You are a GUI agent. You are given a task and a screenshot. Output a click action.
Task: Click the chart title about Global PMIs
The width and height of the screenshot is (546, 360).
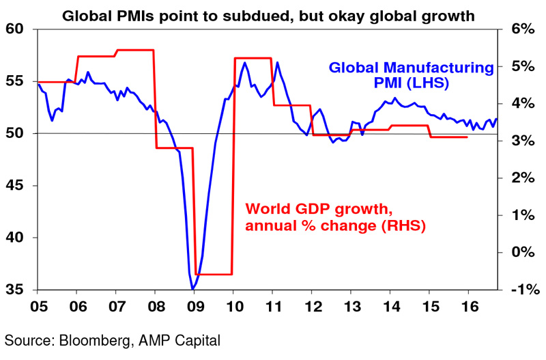point(268,16)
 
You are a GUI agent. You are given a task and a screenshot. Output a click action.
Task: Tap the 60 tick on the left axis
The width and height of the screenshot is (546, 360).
point(14,29)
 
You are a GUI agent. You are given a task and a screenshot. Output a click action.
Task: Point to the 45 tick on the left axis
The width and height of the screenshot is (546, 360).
point(14,185)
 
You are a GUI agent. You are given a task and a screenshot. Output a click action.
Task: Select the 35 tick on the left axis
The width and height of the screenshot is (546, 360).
point(14,290)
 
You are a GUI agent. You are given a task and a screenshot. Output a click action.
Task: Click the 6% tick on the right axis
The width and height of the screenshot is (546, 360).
point(523,29)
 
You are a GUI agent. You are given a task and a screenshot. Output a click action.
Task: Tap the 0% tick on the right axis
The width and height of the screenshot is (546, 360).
point(523,252)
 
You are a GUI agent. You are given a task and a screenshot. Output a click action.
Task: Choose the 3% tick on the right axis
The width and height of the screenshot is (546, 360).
point(523,141)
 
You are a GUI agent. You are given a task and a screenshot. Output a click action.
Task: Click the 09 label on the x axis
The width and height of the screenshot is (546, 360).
point(196,307)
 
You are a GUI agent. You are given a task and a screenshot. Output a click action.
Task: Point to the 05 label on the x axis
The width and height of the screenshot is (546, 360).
point(39,307)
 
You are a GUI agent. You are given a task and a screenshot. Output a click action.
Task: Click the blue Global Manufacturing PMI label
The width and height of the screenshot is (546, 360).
point(412,75)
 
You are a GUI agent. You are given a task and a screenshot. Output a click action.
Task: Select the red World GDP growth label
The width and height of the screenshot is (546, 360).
point(336,217)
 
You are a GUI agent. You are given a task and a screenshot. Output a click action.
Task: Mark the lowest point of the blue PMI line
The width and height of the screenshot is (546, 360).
point(192,289)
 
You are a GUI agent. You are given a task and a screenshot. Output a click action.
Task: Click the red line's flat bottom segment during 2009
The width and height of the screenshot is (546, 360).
point(214,274)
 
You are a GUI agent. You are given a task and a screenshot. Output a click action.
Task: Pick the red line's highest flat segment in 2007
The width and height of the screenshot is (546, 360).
point(135,50)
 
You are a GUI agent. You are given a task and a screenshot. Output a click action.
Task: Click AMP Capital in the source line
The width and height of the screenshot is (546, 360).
point(179,341)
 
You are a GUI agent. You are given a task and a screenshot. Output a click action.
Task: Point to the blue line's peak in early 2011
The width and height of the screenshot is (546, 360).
point(277,63)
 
